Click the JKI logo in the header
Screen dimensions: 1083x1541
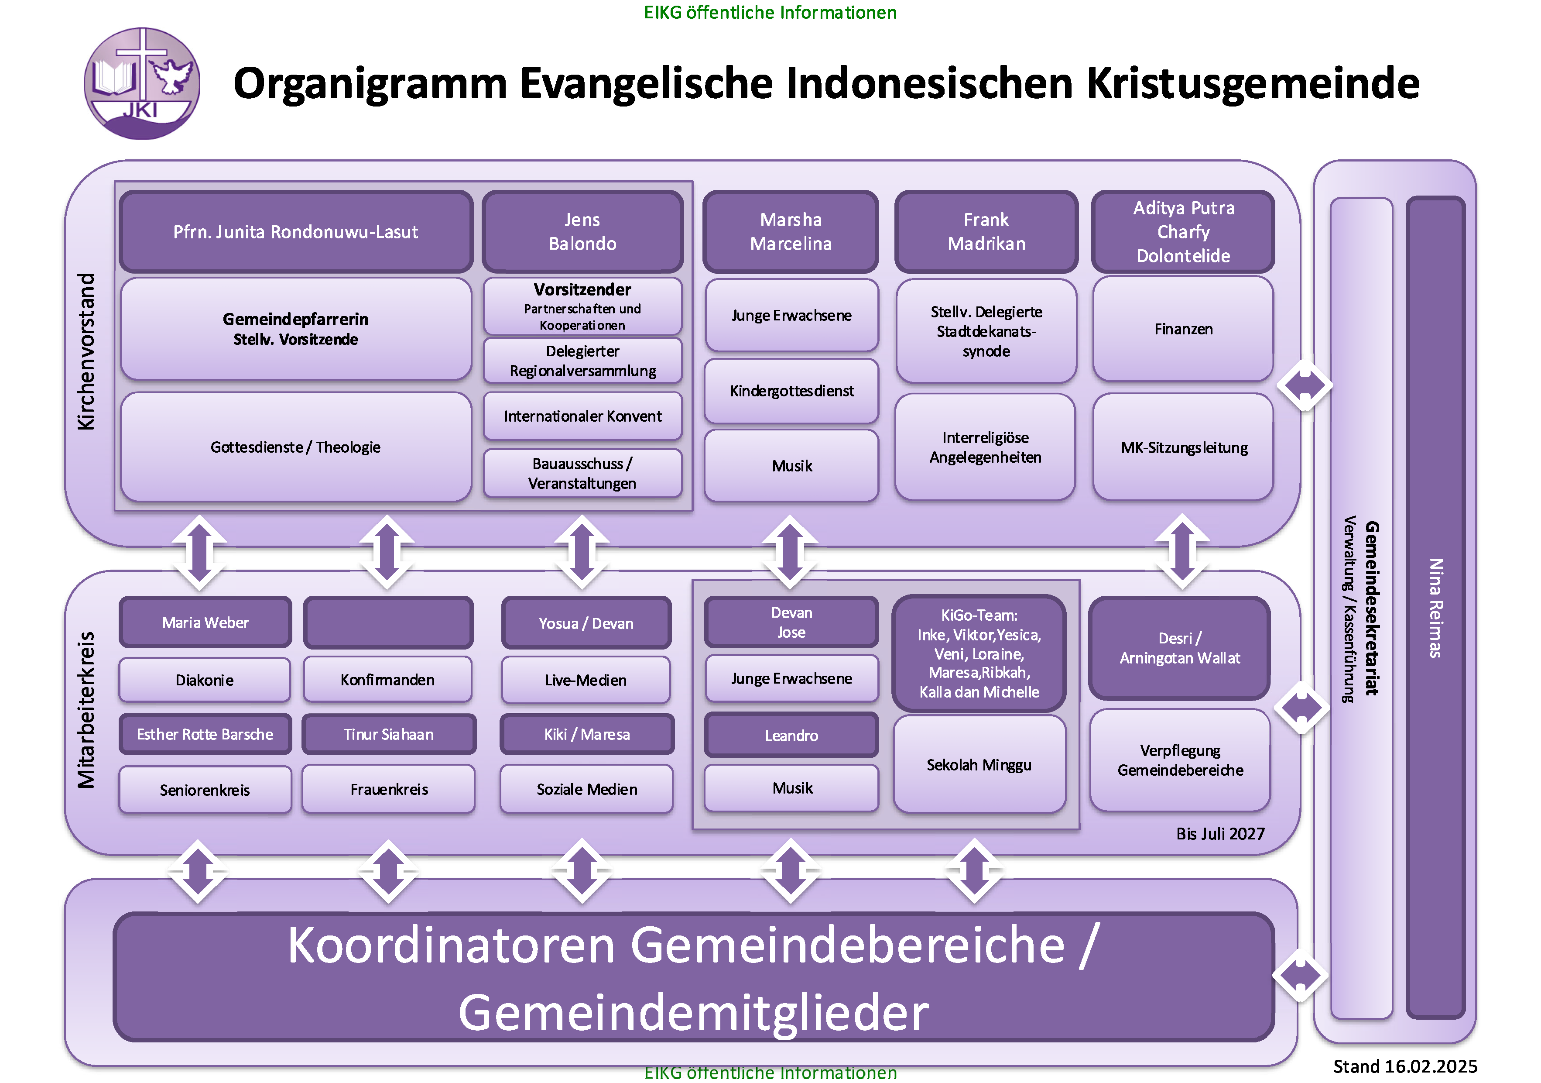pos(142,84)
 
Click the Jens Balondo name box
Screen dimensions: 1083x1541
pos(582,232)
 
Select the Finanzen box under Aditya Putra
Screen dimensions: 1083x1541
pos(1183,329)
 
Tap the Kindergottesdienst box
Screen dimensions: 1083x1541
pos(791,391)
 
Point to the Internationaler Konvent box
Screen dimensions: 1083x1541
pos(582,416)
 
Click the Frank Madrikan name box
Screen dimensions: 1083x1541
pos(986,232)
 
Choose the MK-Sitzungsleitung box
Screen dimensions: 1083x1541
pos(1183,447)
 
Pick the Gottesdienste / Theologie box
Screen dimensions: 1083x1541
pos(295,447)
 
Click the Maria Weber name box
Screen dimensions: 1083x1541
pos(205,622)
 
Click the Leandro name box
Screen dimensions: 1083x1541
pos(791,735)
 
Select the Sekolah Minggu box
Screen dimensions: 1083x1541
pos(979,765)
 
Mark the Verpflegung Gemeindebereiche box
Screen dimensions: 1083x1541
pos(1180,760)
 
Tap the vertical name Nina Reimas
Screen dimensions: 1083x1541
pos(1435,608)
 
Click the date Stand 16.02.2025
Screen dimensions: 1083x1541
pos(1405,1066)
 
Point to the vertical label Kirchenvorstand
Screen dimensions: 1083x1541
pos(86,351)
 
